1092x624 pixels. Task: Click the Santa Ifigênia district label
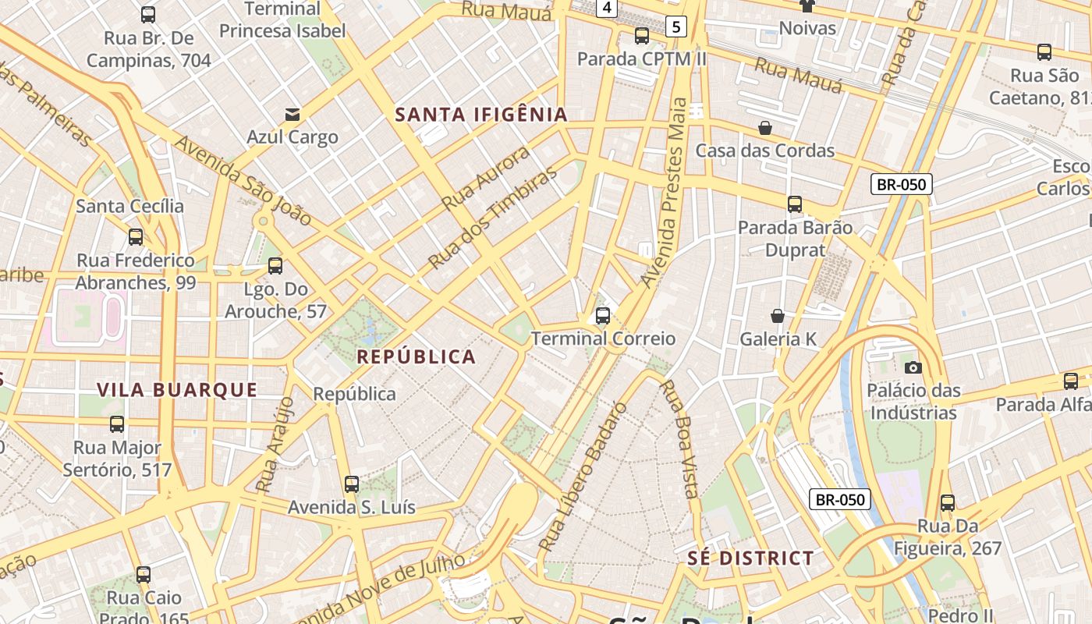[481, 115]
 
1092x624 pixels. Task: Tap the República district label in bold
[416, 357]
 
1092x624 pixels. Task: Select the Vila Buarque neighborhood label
[177, 390]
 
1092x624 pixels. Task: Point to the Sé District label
[750, 558]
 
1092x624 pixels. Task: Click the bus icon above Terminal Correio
[602, 316]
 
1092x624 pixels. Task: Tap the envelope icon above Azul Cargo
[292, 115]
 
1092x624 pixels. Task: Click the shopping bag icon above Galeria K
[777, 316]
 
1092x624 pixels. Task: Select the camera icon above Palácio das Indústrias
[913, 367]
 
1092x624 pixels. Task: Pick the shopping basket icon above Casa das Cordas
[765, 128]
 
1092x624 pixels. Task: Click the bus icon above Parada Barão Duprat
[795, 204]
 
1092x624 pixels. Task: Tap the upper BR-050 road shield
[902, 185]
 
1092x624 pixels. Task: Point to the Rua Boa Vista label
[678, 438]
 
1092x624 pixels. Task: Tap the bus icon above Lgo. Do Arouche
[275, 266]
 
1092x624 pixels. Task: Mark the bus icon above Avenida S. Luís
[352, 484]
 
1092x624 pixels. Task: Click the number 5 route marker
[675, 27]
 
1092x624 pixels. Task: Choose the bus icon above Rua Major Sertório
[117, 424]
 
